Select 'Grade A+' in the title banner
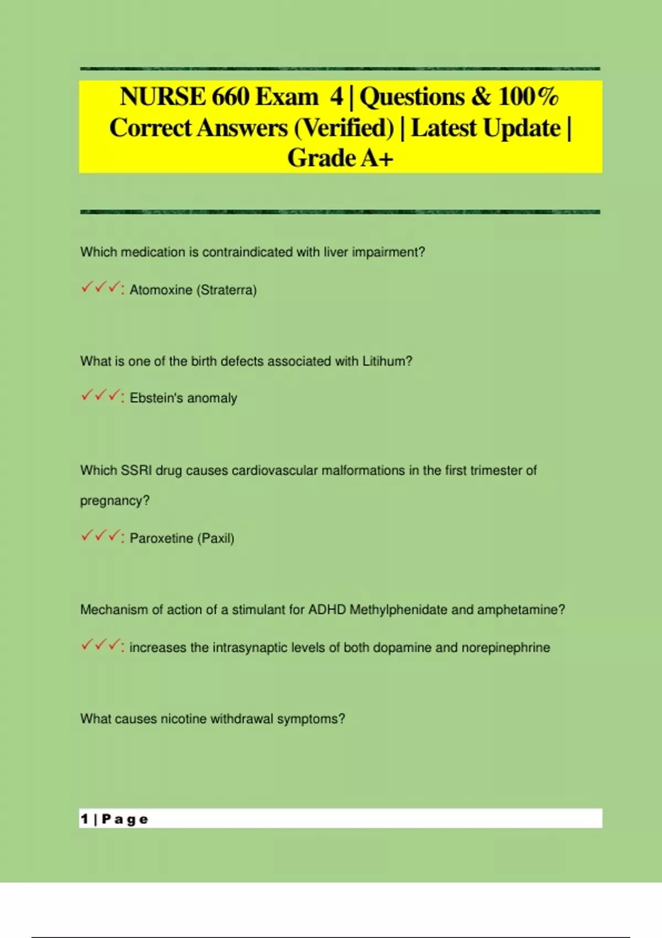pyautogui.click(x=340, y=158)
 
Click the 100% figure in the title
pyautogui.click(x=528, y=97)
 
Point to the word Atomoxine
pyautogui.click(x=161, y=290)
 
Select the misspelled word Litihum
pyautogui.click(x=384, y=361)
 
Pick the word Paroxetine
pyautogui.click(x=161, y=538)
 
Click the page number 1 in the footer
pyautogui.click(x=84, y=819)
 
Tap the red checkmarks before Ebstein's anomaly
pyautogui.click(x=101, y=396)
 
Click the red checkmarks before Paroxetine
pyautogui.click(x=101, y=536)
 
